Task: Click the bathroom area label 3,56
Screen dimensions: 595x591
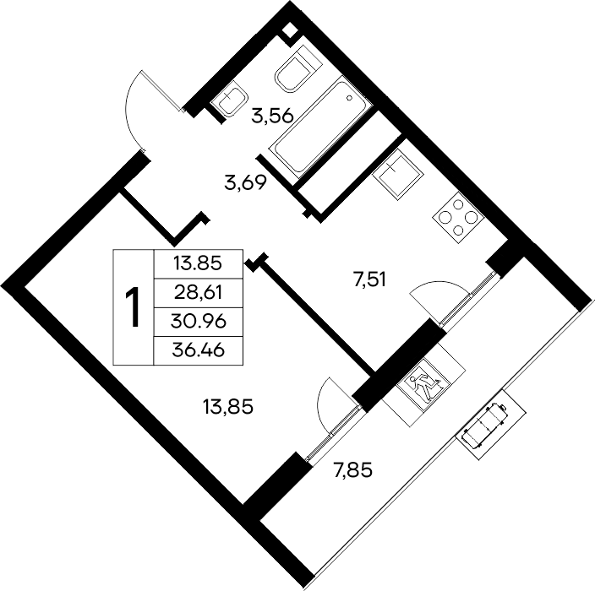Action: (272, 116)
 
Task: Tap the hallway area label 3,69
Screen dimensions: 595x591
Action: (246, 183)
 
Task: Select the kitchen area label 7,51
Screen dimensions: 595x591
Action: (369, 280)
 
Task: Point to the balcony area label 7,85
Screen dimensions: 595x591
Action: (353, 471)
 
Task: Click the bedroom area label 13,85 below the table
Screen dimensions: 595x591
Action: (228, 407)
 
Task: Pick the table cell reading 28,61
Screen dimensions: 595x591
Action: (198, 293)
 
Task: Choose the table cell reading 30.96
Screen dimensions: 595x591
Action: (199, 322)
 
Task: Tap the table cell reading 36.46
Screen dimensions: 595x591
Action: (199, 350)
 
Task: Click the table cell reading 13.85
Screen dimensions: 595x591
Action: (197, 263)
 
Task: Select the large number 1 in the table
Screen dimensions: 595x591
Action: (134, 307)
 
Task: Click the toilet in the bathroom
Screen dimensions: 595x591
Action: (297, 69)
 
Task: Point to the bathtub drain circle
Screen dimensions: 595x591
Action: (350, 98)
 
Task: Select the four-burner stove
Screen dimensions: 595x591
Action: (458, 218)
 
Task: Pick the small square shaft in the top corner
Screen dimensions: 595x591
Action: (290, 30)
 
